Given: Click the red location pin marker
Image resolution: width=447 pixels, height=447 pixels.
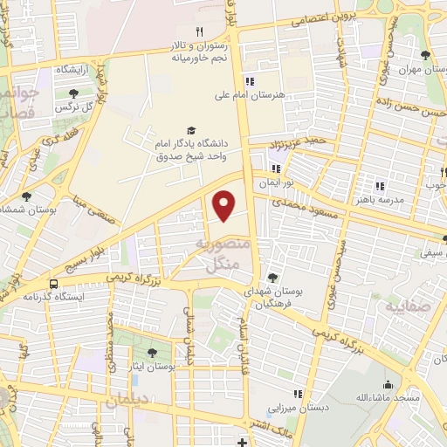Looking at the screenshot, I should point(224,204).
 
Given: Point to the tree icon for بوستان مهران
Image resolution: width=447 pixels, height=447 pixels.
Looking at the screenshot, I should point(425,58).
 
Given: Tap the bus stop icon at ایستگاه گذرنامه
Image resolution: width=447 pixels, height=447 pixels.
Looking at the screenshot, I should point(54,284).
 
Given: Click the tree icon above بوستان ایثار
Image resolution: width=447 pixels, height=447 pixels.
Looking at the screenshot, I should point(153,353).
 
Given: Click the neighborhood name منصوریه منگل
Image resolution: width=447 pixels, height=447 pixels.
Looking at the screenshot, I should point(225,257).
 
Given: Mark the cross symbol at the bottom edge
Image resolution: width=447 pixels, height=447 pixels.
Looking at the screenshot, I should point(243,442).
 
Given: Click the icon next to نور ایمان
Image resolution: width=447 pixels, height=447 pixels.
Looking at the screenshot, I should point(276,168).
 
